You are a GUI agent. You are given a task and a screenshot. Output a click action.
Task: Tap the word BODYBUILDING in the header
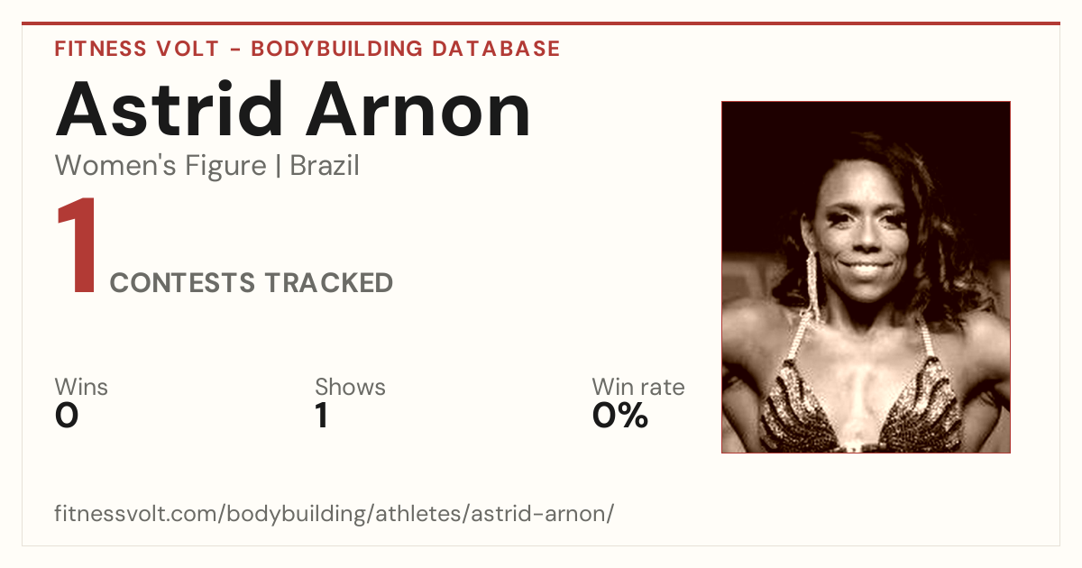click(337, 49)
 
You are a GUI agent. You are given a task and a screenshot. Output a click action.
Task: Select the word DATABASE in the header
click(496, 49)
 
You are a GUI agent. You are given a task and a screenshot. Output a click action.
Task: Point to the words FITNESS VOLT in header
click(137, 49)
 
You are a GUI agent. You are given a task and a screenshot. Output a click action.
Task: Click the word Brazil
click(324, 165)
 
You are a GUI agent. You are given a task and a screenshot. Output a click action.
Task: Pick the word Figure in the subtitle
click(225, 166)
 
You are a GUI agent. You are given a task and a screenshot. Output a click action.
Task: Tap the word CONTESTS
click(182, 282)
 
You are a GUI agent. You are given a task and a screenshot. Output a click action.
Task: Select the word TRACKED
click(329, 282)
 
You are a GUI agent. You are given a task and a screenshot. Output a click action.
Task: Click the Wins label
click(81, 387)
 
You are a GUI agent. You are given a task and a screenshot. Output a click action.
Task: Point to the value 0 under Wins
click(67, 416)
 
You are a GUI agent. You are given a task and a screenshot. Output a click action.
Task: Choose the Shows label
click(350, 387)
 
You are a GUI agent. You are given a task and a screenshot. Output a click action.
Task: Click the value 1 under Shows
click(322, 416)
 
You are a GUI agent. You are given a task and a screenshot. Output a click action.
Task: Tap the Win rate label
click(638, 387)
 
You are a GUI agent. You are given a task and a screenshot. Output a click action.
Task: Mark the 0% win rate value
click(619, 416)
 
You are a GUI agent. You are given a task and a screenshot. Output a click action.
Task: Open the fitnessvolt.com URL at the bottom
click(334, 513)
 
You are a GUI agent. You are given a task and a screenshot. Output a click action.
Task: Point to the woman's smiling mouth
click(866, 267)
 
